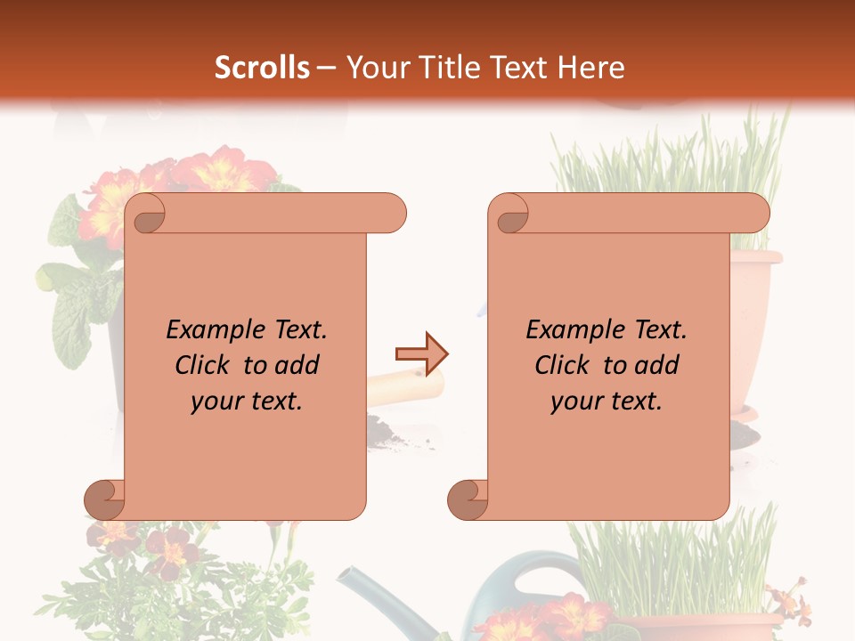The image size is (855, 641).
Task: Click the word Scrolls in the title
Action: (262, 68)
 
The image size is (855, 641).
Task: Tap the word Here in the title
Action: (591, 68)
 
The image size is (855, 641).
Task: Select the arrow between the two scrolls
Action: (421, 354)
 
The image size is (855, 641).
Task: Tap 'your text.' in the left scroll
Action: (247, 402)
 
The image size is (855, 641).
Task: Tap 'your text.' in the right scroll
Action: (607, 402)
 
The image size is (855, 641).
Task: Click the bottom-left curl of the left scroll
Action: (105, 499)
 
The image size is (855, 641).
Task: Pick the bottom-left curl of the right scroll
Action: (468, 499)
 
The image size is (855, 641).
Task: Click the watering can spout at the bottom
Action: (374, 591)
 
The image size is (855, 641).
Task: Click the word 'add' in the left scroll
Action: (297, 365)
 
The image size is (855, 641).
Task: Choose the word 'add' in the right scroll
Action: (656, 365)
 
